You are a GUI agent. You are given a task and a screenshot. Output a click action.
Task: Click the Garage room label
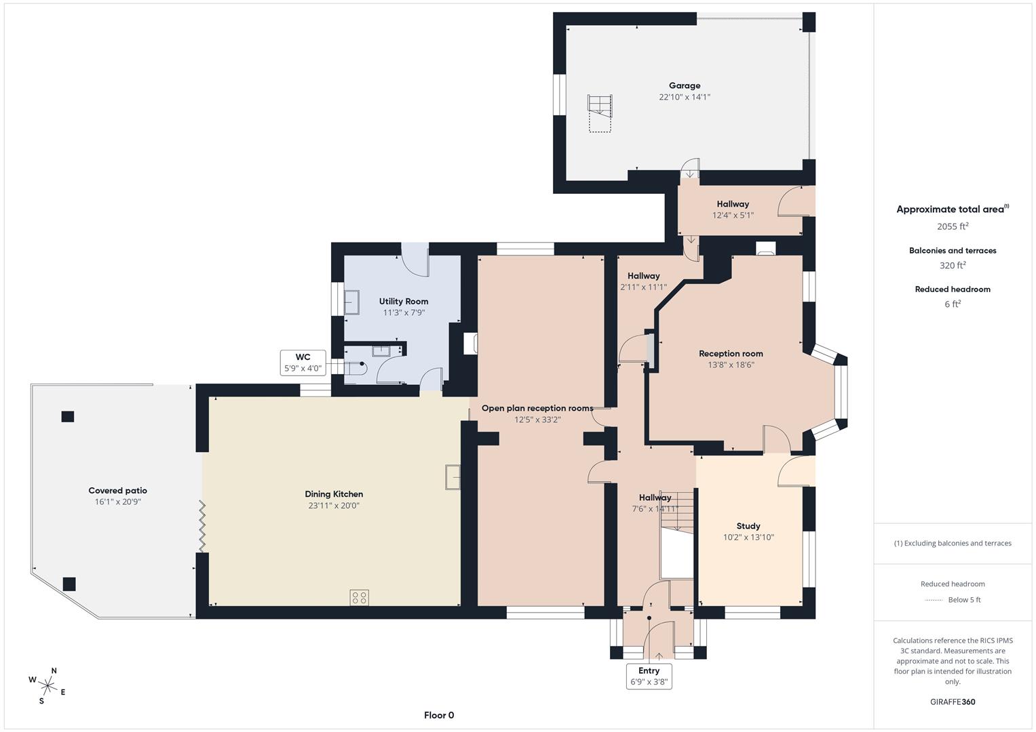[x=684, y=85]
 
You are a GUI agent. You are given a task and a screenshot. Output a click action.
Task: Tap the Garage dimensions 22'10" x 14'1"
[x=684, y=97]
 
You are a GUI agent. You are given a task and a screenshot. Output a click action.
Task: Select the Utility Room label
[x=404, y=301]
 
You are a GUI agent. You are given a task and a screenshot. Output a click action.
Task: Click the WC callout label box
[x=303, y=363]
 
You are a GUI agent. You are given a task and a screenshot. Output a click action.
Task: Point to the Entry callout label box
[x=649, y=676]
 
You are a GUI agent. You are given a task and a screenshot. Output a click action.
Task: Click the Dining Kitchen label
[x=334, y=494]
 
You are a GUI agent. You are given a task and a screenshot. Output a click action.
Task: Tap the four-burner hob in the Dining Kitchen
[x=360, y=597]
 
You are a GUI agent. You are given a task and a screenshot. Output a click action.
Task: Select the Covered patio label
[x=117, y=491]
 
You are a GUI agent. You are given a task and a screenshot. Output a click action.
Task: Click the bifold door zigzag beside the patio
[x=202, y=526]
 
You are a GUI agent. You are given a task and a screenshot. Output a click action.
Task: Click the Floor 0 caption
[x=439, y=715]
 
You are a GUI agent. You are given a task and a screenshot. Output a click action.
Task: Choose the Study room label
[x=748, y=526]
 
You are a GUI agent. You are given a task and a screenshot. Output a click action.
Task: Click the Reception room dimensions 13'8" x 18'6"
[x=731, y=365]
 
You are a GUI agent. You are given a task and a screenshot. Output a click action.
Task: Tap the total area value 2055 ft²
[x=953, y=226]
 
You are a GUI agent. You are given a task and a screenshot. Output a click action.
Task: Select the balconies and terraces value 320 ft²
[x=953, y=266]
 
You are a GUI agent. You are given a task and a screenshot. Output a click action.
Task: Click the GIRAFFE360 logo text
[x=953, y=701]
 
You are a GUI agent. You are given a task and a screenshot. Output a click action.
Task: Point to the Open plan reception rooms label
[x=537, y=408]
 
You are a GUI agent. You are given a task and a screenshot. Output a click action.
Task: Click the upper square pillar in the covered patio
[x=67, y=416]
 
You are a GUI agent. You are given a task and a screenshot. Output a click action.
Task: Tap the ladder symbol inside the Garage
[x=600, y=113]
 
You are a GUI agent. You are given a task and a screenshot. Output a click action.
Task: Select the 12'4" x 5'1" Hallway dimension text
[x=733, y=216]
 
